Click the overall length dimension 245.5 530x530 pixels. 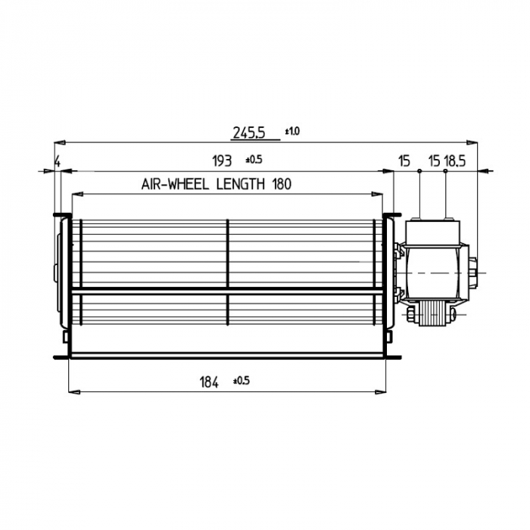[x=248, y=132]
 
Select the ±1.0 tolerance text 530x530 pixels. [x=292, y=131]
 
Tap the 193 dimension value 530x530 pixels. [x=221, y=161]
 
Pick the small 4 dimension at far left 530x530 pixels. [x=57, y=161]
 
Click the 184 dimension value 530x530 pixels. [x=208, y=383]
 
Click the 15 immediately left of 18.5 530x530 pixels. [x=434, y=161]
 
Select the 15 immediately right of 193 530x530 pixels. [x=404, y=161]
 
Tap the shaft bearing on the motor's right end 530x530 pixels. [x=475, y=271]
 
